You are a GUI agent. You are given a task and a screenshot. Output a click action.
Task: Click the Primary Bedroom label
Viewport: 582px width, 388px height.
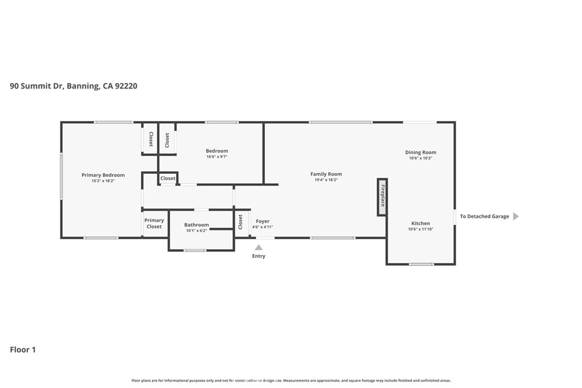pos(103,175)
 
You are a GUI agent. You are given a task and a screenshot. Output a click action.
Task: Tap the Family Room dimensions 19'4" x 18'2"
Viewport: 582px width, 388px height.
pos(326,180)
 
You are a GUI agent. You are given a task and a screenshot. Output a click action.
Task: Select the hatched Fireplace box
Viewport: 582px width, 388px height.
pos(383,197)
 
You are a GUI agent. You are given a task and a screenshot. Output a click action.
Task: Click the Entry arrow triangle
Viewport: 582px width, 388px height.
pos(259,248)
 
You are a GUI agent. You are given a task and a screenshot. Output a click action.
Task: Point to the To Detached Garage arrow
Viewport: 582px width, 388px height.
pos(516,216)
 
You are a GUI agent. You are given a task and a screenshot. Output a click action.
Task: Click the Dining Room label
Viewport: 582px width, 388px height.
pos(421,152)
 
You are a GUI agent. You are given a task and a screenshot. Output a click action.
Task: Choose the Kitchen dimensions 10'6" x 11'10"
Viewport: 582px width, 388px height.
pos(421,230)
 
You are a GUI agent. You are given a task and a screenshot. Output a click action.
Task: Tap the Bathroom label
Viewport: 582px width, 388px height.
pos(196,225)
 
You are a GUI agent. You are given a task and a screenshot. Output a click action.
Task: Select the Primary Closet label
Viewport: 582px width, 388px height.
pos(154,223)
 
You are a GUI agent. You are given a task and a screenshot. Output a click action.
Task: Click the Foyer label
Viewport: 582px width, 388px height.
pos(263,222)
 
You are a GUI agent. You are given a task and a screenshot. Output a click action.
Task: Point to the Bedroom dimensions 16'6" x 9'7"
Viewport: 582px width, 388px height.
pos(217,157)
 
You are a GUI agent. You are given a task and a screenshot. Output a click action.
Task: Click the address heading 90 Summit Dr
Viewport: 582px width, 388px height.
pos(37,86)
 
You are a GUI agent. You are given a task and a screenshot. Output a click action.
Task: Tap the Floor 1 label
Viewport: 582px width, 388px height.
pos(23,349)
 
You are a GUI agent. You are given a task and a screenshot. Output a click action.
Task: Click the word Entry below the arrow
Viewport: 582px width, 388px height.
pos(259,256)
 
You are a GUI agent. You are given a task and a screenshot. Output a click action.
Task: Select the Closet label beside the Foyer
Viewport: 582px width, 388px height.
pos(240,222)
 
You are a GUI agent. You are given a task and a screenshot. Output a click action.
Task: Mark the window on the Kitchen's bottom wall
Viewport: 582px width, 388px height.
pos(421,264)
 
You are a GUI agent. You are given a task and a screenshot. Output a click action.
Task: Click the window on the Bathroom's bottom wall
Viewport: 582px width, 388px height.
pos(195,251)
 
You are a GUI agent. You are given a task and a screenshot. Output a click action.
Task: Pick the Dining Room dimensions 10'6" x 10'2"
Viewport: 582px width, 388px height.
pos(421,158)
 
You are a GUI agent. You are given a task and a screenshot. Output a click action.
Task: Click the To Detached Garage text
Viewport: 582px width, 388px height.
pos(484,216)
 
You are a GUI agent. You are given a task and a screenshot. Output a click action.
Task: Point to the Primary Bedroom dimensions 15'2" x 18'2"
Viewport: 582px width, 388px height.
pos(103,181)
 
